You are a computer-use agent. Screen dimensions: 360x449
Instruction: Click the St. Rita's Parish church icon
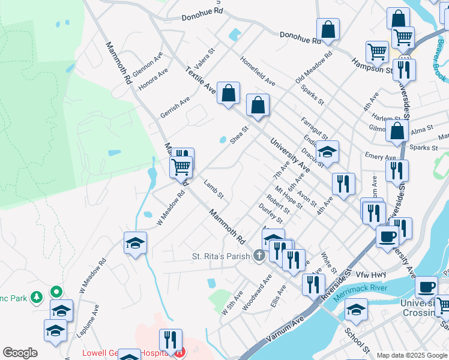click(259, 256)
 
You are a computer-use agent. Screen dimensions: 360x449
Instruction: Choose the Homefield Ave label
click(258, 71)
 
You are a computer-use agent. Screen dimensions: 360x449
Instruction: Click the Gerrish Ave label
click(175, 106)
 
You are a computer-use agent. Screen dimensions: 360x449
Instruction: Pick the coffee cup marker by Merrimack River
click(427, 287)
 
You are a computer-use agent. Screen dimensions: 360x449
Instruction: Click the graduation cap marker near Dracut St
click(328, 151)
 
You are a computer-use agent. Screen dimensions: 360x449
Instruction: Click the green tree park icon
click(37, 296)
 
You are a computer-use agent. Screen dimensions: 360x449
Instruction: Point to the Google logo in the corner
click(20, 353)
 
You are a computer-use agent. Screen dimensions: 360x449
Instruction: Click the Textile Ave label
click(200, 80)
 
